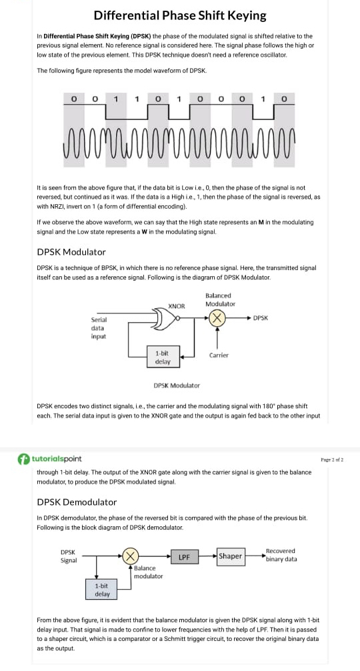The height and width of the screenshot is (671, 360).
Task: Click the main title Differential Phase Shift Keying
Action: click(180, 15)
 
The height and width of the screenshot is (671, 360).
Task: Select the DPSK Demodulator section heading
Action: click(77, 502)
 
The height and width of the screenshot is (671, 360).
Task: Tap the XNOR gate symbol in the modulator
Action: click(163, 318)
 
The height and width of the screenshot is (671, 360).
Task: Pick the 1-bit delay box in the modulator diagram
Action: click(162, 357)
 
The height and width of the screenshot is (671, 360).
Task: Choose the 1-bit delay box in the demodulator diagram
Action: click(102, 590)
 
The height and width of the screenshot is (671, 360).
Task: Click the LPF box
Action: click(185, 556)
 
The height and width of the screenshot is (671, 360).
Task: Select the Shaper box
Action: click(230, 556)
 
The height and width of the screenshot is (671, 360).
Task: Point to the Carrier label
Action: click(219, 355)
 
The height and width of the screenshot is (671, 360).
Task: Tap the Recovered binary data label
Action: click(281, 555)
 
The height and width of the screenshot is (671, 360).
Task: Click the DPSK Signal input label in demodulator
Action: click(69, 556)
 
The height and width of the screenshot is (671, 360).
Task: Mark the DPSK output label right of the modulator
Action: click(261, 318)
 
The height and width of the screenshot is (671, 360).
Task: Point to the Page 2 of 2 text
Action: click(332, 460)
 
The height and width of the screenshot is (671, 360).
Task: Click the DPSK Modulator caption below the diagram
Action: click(177, 385)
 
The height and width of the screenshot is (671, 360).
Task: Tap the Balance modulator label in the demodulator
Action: click(148, 572)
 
